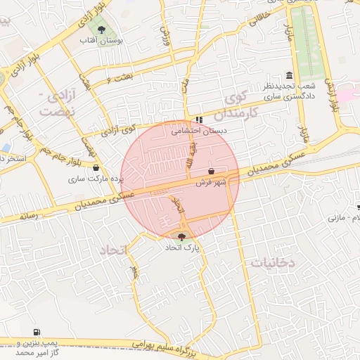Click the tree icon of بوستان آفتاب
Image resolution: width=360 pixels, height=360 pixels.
tap(102, 30)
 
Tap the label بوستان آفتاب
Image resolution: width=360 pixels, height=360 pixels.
tap(103, 41)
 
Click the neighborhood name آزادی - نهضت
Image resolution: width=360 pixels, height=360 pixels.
tap(56, 103)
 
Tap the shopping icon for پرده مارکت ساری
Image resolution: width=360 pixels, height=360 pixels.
tap(96, 168)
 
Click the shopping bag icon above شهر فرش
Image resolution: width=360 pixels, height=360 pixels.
tap(212, 171)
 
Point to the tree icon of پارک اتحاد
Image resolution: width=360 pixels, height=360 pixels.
tap(183, 237)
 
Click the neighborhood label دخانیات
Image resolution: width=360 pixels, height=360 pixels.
tap(274, 262)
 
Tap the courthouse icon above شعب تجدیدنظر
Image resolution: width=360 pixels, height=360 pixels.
tap(290, 75)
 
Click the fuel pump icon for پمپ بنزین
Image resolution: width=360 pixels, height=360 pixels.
tap(36, 333)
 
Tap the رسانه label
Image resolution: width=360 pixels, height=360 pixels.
tap(28, 217)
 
